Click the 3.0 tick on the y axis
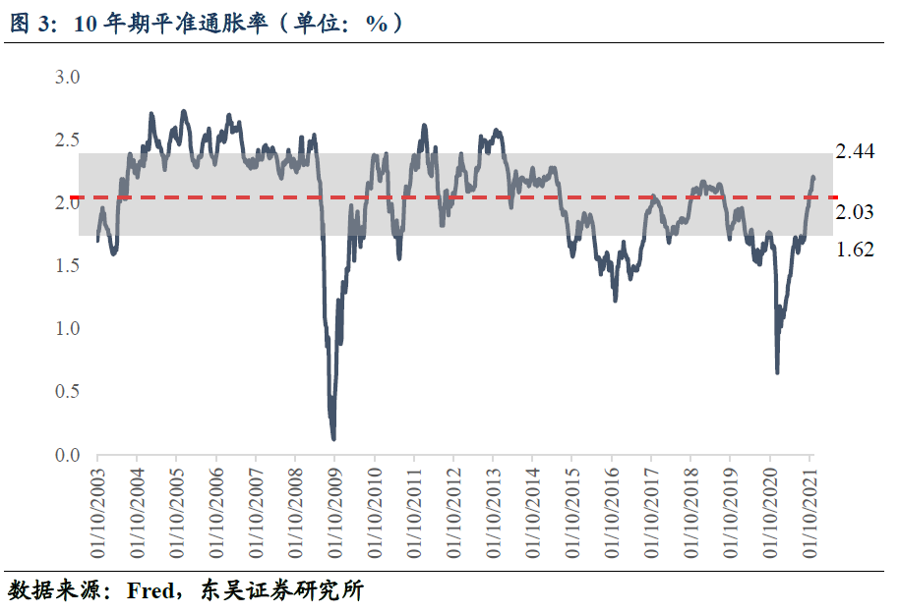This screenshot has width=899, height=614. point(65,78)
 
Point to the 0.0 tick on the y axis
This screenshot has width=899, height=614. point(65,456)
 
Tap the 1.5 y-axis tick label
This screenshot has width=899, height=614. point(65,266)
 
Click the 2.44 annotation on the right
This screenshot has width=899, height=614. point(855,151)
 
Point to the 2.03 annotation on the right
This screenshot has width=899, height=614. point(855,213)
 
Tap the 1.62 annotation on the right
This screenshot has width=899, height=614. point(855,250)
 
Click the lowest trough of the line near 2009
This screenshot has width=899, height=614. point(333,438)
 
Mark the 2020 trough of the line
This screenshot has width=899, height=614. point(777,372)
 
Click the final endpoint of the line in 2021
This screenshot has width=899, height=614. point(813,177)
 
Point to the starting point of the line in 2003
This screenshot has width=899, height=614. point(97,240)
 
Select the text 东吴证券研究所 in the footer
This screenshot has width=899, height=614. point(281,591)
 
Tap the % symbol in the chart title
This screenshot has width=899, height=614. point(377,24)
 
